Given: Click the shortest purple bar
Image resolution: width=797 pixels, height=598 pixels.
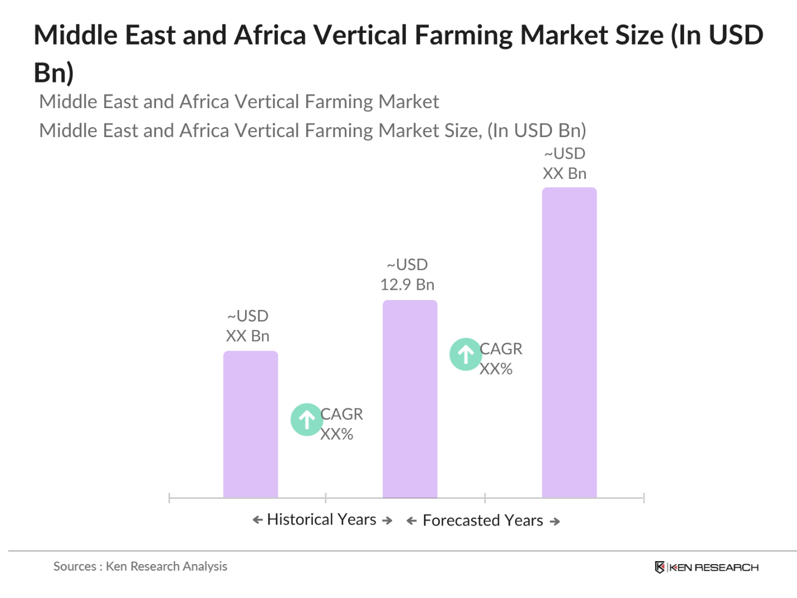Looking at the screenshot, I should pos(251,424).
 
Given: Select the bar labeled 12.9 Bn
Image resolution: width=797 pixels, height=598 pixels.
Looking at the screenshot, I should pos(410,398).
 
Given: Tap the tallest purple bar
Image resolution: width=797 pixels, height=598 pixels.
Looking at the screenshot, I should pos(569,342).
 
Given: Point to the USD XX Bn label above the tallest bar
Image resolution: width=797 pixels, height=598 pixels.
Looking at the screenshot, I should pos(565,163).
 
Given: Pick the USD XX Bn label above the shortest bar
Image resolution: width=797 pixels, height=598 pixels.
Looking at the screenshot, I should pos(248,326).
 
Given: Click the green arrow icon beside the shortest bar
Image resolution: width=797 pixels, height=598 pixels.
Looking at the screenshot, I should pos(306,419).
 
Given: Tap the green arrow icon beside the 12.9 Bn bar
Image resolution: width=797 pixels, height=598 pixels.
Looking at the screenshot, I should pos(466,354).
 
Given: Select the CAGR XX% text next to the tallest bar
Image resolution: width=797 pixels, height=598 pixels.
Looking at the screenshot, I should pos(501,358).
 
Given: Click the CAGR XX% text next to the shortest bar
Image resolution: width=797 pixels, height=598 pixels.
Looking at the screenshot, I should pos(341,424).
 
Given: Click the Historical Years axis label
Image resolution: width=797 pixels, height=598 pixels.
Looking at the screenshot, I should pos(321,519).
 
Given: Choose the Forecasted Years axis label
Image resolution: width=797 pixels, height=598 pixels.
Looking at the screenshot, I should pos(482,521).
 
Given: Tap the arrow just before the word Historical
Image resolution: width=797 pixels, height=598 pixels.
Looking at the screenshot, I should pos(257,520).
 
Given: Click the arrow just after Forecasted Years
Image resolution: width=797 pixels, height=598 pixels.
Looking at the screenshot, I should pos(555,522).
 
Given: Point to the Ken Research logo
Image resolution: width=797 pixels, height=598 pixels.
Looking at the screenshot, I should pos(706,567).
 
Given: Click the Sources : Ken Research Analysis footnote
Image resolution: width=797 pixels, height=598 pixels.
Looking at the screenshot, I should pos(140,566).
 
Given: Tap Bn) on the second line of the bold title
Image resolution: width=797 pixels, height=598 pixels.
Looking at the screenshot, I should pos(53,72).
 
